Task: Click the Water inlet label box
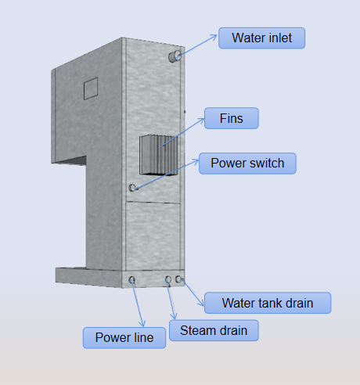tap(261, 38)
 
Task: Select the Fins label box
tap(232, 118)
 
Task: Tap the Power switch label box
tap(247, 164)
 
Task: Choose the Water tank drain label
tap(268, 303)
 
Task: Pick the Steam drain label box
tap(214, 330)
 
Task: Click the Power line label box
tap(124, 338)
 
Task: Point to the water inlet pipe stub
tap(175, 56)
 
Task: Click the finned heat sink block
tap(159, 155)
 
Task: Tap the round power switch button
tap(132, 188)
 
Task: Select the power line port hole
tap(131, 280)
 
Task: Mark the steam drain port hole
tap(168, 279)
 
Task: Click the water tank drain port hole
tap(178, 279)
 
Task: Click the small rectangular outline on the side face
tap(91, 88)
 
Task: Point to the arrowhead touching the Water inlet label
tap(214, 37)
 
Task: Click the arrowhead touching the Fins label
tap(201, 121)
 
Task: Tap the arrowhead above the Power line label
tap(142, 324)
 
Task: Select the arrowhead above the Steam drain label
tap(174, 316)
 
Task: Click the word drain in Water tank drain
tap(300, 303)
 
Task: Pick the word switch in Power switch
tap(267, 164)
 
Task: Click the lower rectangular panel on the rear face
tap(153, 236)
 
